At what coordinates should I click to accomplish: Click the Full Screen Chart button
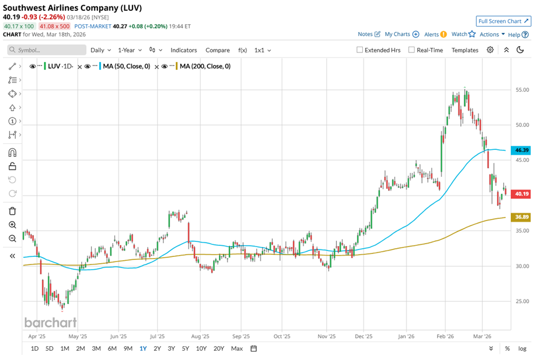[503, 21]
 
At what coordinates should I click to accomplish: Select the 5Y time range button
[185, 348]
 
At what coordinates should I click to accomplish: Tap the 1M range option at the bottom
[64, 348]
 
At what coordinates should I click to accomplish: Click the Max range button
[237, 348]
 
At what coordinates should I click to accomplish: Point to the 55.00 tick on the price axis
[522, 90]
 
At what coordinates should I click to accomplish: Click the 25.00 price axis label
[522, 301]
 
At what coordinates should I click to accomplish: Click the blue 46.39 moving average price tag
[522, 150]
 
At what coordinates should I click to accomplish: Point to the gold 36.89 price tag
[522, 217]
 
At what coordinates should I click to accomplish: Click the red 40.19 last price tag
[522, 194]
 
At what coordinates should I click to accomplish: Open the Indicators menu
[183, 50]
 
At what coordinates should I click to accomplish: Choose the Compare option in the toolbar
[217, 50]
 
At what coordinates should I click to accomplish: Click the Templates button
[465, 50]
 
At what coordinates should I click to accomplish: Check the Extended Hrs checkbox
[360, 50]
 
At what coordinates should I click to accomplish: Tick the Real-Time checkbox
[411, 50]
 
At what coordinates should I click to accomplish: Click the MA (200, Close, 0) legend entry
[204, 66]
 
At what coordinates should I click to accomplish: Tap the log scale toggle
[522, 348]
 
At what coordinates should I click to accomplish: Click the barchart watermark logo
[50, 322]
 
